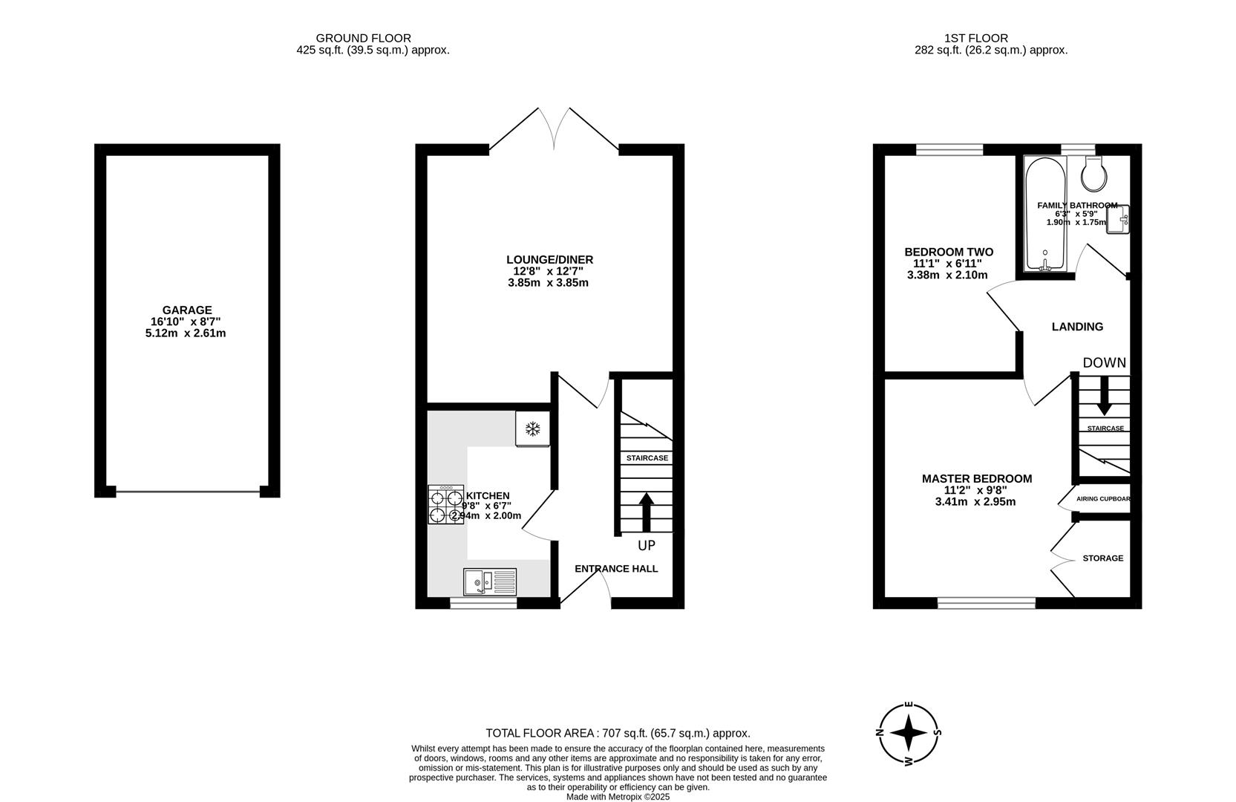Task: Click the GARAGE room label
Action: [x=187, y=310]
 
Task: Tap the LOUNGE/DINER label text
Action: [x=549, y=260]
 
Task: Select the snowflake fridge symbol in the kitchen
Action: [x=532, y=428]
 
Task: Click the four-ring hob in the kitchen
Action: [x=445, y=504]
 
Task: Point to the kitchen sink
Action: [x=490, y=581]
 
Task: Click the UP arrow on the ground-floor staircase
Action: [x=646, y=513]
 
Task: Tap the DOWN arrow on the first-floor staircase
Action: [x=1104, y=396]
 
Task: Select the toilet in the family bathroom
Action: [x=1094, y=174]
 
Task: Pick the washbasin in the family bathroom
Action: [x=1118, y=219]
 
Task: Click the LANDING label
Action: [x=1077, y=327]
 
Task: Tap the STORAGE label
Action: [x=1102, y=558]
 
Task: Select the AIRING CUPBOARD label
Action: [x=1102, y=499]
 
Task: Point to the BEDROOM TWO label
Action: [x=948, y=252]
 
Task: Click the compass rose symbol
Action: [x=909, y=734]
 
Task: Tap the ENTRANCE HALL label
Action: [x=616, y=569]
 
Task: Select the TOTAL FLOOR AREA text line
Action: [x=618, y=733]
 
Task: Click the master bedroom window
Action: [x=986, y=603]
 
